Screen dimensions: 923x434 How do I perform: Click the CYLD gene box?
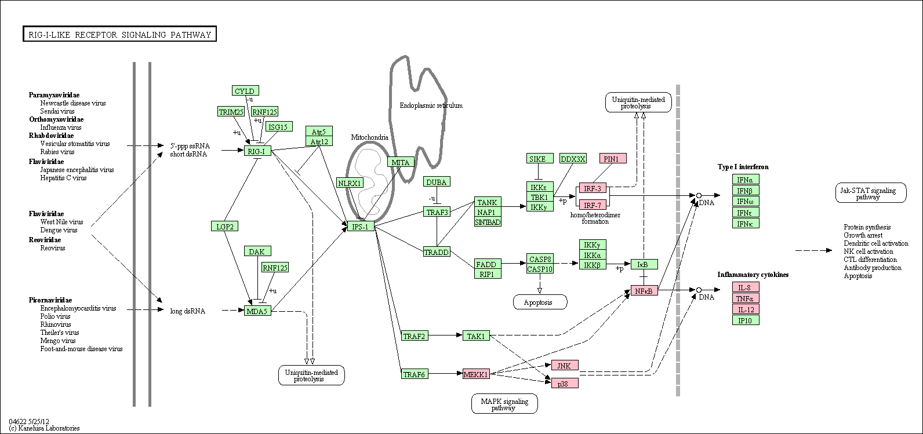245,90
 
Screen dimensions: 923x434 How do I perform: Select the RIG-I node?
257,151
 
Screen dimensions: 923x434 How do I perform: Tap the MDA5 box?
257,311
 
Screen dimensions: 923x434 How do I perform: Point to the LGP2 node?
224,226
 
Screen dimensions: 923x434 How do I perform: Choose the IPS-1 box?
361,226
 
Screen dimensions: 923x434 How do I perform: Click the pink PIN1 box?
613,159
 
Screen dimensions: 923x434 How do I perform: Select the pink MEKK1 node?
476,374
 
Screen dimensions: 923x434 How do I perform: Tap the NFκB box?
644,291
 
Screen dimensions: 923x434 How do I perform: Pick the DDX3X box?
573,159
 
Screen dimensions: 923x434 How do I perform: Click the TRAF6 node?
415,374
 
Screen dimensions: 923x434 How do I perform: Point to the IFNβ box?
746,190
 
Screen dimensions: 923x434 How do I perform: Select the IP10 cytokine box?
746,320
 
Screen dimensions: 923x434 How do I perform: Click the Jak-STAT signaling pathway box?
871,193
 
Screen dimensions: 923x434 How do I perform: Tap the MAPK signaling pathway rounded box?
504,403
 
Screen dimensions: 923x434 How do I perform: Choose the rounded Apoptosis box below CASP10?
540,302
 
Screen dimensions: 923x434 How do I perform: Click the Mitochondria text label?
370,137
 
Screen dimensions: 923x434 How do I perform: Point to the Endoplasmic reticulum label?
431,105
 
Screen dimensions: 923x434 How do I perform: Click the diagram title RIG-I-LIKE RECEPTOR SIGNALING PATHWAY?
119,34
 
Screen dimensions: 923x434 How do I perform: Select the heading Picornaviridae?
50,300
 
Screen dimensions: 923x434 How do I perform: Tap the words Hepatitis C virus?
63,178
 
